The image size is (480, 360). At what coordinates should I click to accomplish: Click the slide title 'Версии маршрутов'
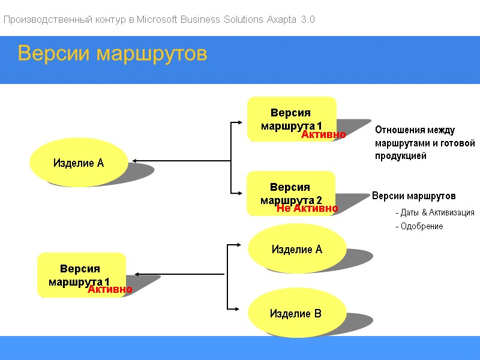tap(112, 53)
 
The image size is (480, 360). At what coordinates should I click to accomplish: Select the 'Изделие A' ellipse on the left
tap(79, 163)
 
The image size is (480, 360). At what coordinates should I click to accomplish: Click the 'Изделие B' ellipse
tap(296, 313)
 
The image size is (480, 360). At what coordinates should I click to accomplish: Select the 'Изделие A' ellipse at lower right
tap(297, 249)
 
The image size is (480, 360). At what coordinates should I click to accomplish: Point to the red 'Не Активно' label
tap(307, 208)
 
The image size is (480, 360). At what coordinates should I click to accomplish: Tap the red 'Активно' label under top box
tap(323, 135)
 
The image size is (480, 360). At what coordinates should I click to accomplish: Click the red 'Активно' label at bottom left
tap(110, 290)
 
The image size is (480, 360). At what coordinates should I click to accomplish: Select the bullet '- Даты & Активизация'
tap(434, 212)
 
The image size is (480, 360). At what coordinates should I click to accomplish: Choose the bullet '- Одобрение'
tap(419, 226)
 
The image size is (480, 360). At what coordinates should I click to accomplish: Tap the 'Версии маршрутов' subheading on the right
tap(414, 196)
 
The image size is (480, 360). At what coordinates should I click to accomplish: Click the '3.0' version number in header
tap(308, 20)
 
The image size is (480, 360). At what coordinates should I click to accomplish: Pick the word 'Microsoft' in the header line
tap(157, 20)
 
